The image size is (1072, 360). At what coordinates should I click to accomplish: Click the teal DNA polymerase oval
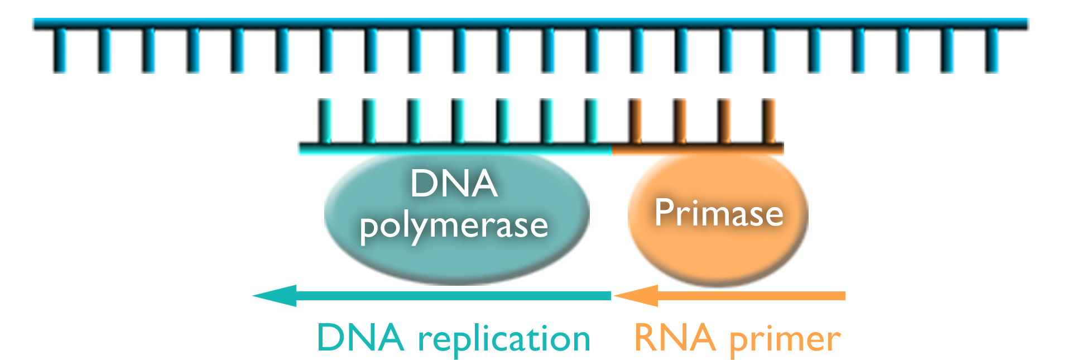391,257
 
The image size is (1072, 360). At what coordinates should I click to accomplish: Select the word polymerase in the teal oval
454,226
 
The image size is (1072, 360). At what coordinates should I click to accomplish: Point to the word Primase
719,213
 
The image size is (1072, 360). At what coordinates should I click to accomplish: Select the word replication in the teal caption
504,339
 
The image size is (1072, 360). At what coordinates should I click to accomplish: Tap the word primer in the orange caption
785,339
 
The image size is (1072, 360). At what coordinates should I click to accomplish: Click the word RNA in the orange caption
675,338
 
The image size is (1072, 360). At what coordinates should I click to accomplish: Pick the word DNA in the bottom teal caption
360,338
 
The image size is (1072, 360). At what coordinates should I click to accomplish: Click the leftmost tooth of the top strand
59,51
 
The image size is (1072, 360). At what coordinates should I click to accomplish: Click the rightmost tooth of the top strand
992,51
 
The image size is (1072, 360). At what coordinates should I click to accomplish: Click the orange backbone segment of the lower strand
698,148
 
